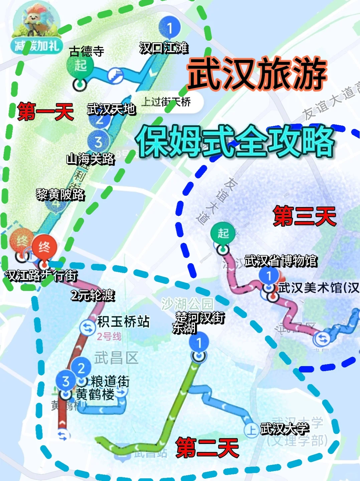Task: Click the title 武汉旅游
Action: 257,74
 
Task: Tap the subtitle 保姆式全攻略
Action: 235,142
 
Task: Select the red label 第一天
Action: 45,112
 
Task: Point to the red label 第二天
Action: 207,447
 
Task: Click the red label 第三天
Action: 305,216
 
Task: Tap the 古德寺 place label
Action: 86,51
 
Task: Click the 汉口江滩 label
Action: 164,48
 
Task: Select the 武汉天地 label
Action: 111,109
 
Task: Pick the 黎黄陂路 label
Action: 60,194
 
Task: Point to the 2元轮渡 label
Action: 93,295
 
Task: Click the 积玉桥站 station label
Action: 123,322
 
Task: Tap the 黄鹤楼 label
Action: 95,394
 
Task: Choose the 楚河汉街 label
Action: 200,317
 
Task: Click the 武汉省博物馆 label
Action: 281,261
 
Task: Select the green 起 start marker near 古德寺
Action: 80,65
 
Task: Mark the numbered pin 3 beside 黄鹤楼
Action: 66,381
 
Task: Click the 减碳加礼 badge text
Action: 37,46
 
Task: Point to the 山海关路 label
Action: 91,159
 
